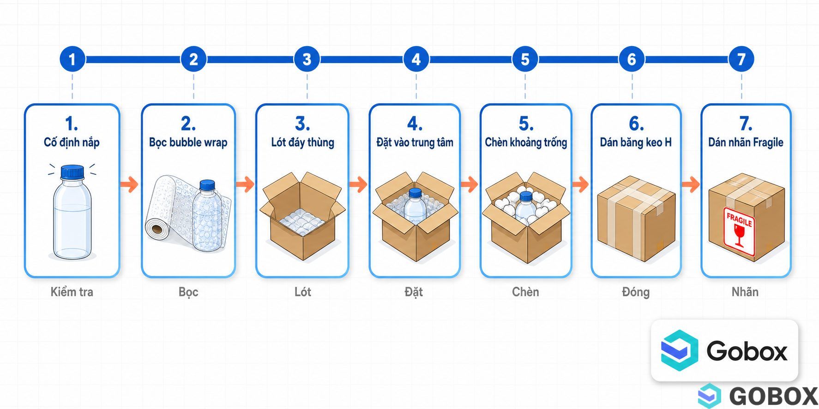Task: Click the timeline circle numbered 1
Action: (72, 59)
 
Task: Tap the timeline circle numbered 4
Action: (416, 59)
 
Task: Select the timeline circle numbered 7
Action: (741, 59)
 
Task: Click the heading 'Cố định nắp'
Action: (72, 142)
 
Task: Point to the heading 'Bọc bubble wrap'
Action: (188, 142)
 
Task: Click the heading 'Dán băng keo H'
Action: (636, 142)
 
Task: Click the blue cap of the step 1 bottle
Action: (72, 172)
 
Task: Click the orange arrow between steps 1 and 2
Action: (129, 184)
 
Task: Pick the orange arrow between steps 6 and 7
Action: (691, 184)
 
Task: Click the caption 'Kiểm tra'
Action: (72, 292)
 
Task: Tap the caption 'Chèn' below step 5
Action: (525, 292)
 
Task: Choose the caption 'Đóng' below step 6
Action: (636, 292)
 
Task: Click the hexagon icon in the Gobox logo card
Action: (679, 351)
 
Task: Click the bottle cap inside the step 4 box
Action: (416, 192)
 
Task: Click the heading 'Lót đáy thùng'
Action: (302, 142)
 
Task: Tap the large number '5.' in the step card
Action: (526, 124)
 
